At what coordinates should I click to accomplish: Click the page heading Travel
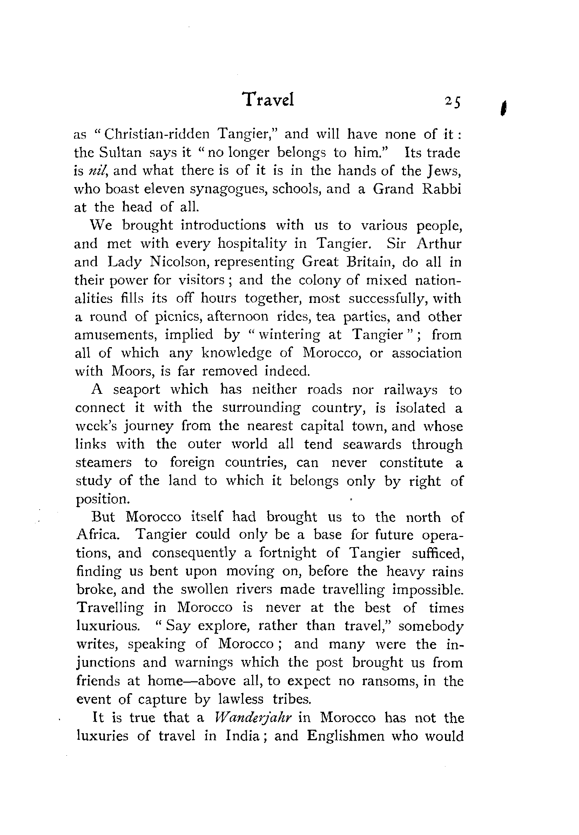click(x=269, y=100)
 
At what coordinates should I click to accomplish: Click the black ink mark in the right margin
click(x=503, y=108)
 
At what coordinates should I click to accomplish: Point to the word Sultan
click(x=120, y=152)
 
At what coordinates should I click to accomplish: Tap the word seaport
click(x=136, y=390)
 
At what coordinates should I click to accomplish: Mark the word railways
click(x=410, y=390)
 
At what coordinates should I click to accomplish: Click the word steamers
click(x=104, y=463)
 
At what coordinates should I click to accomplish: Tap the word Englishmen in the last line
click(x=345, y=736)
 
